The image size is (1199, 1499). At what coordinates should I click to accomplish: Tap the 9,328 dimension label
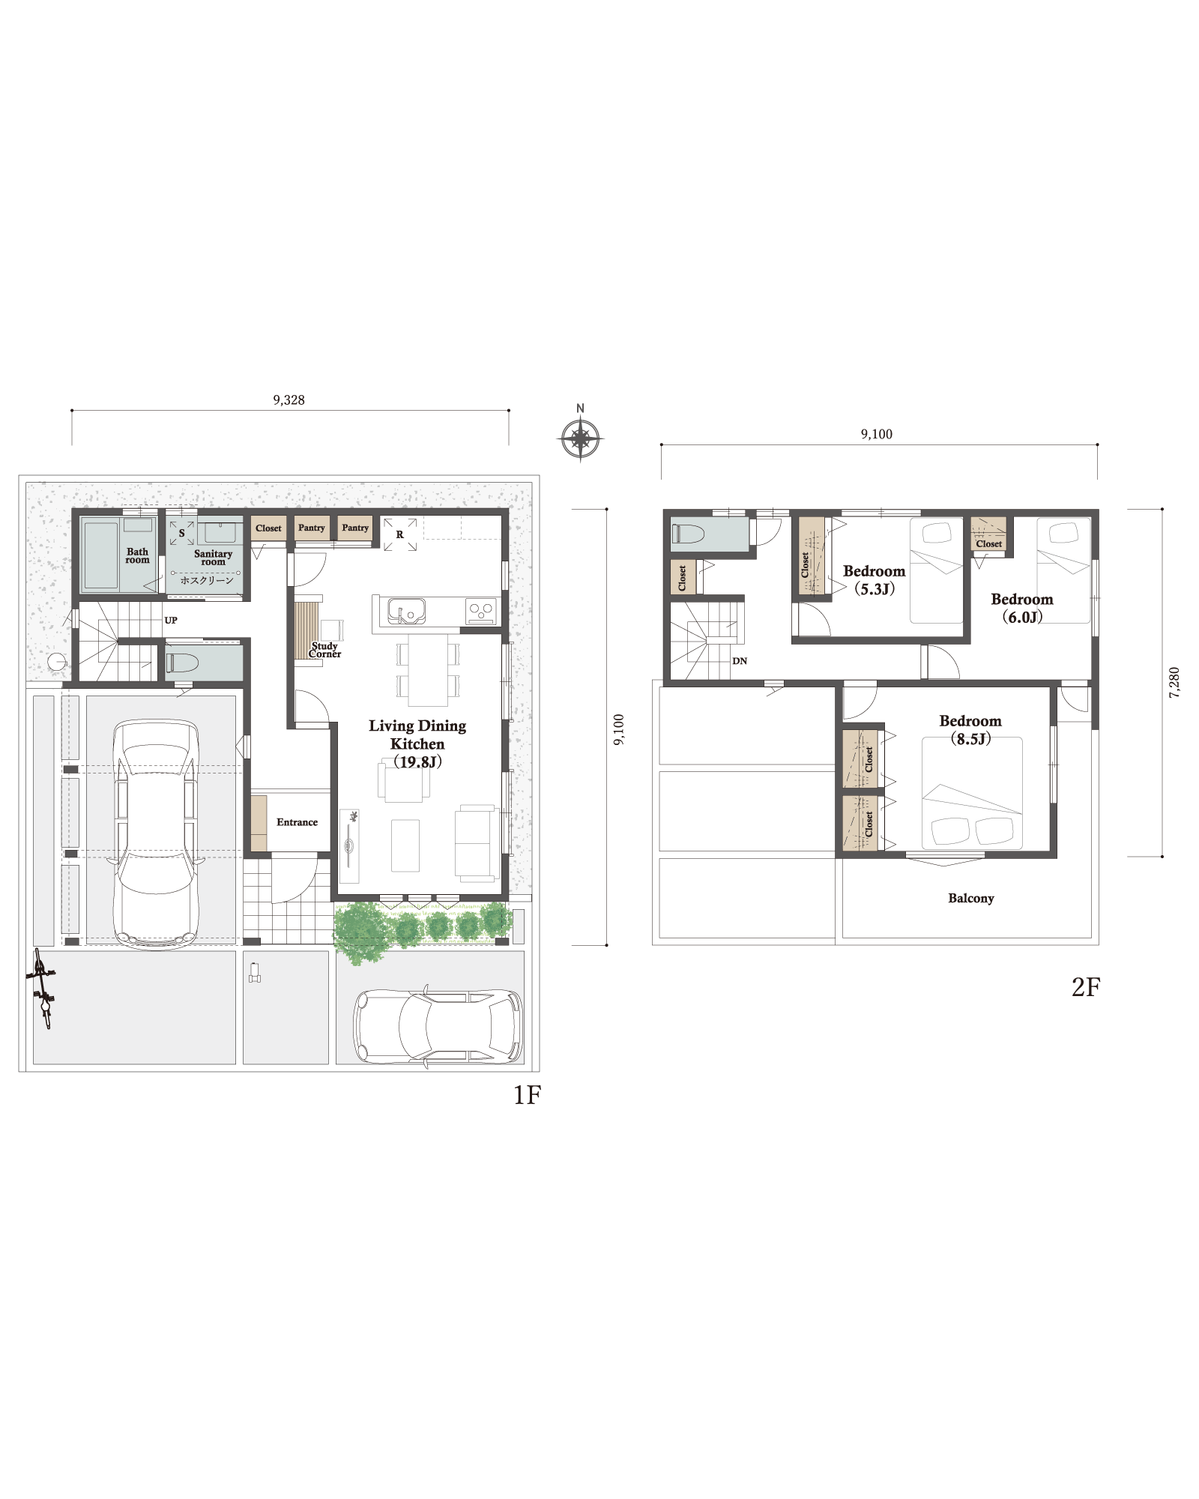pos(289,400)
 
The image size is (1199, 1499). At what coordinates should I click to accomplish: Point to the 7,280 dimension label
pos(1174,683)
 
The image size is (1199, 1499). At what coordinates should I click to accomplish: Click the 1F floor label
pos(527,1095)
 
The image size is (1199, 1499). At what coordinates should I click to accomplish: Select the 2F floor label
pos(1086,987)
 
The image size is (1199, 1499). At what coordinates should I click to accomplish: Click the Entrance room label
pos(297,822)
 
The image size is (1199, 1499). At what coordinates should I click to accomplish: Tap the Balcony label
pos(970,898)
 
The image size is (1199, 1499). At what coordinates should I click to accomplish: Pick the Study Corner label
pos(324,650)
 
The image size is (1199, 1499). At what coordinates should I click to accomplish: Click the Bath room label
pos(137,555)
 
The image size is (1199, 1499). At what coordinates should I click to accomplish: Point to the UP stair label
pos(171,621)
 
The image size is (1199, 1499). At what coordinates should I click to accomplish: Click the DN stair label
pos(740,661)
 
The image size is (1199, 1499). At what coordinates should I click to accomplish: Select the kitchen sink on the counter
pos(406,611)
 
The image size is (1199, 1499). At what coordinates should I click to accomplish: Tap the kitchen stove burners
pos(481,611)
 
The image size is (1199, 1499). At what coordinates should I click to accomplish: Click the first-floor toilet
pos(183,663)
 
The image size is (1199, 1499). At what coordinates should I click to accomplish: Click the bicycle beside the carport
pos(42,989)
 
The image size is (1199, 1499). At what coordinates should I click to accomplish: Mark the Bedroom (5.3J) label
pos(874,580)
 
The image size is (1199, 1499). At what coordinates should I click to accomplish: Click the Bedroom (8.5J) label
pos(970,729)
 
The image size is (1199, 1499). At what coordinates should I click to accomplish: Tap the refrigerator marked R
pos(400,534)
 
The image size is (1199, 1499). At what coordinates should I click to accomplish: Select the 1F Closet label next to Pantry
pos(268,528)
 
